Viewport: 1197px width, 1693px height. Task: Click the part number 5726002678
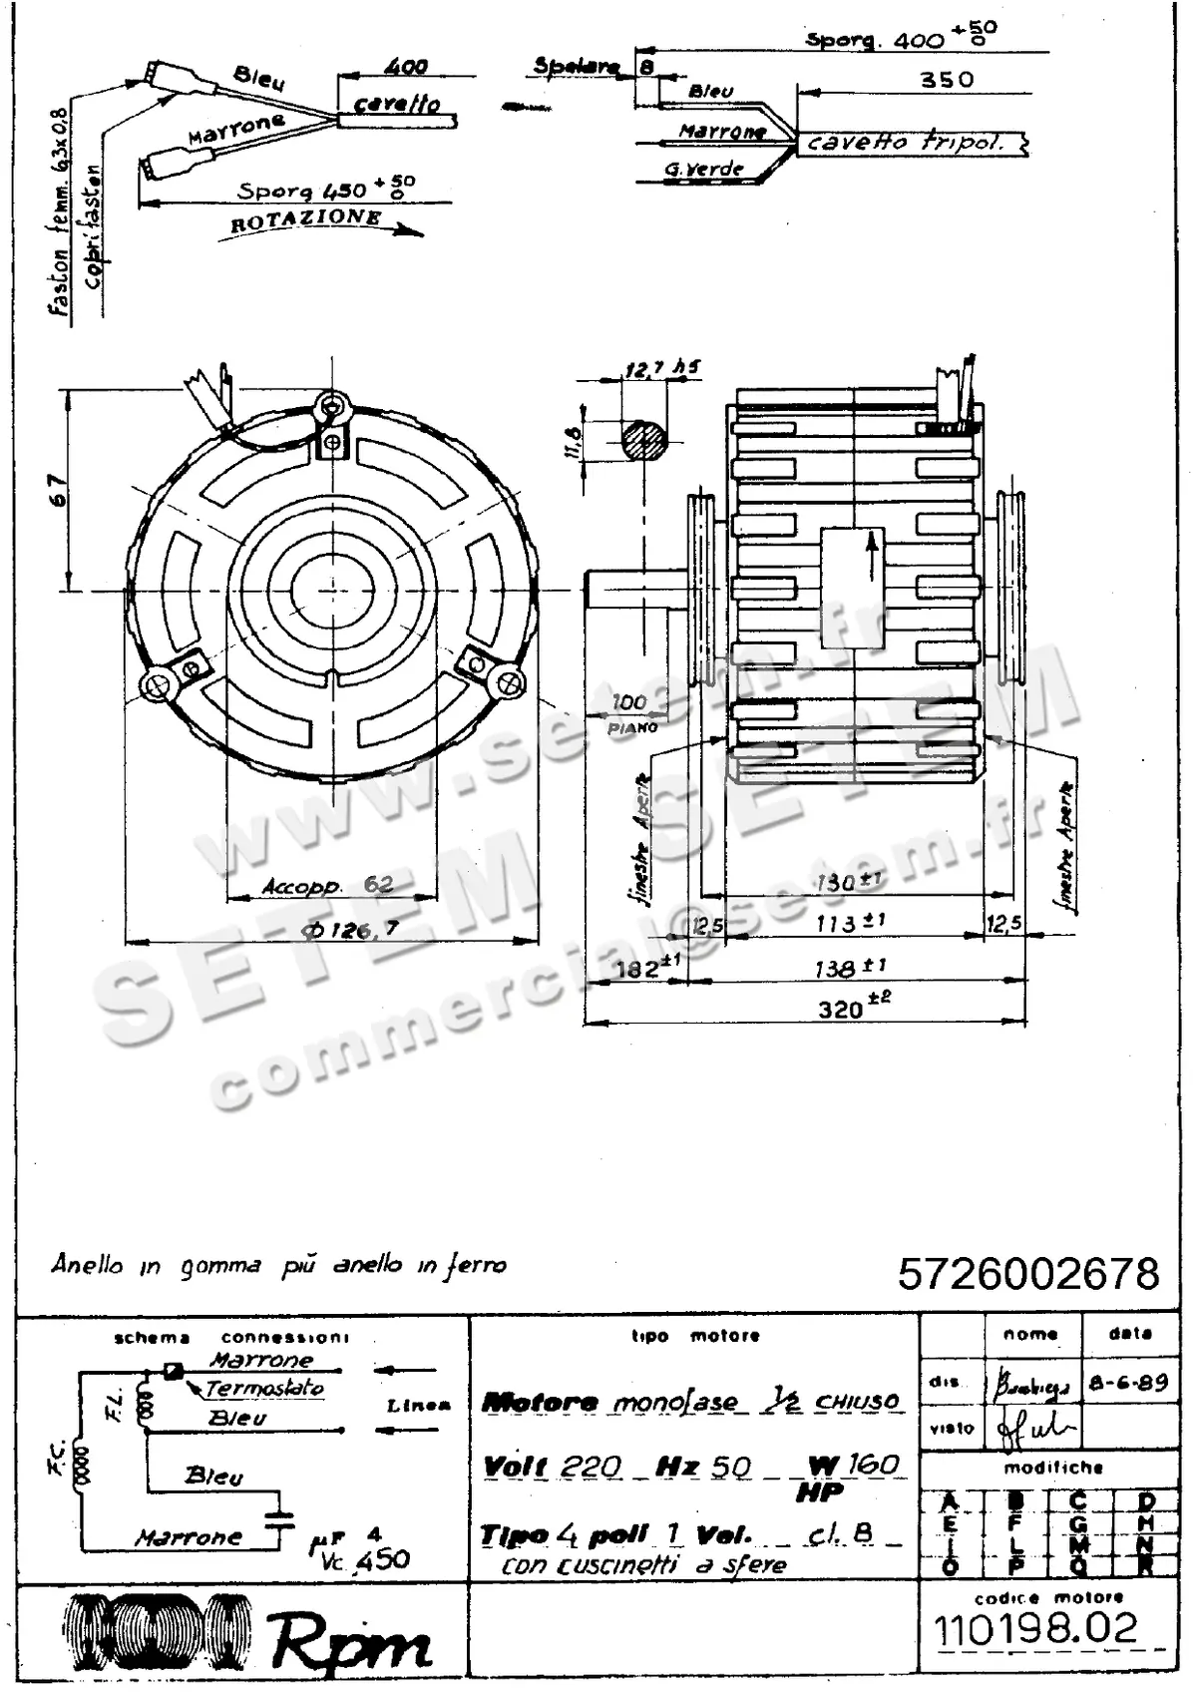1028,1274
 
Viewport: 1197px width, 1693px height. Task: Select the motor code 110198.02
1036,1628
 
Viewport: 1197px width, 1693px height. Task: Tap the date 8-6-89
1128,1383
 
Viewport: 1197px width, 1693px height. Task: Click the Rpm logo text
351,1642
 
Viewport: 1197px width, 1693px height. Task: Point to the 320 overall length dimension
840,1009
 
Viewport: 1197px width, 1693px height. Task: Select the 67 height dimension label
59,490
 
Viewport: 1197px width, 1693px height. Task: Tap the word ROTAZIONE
306,219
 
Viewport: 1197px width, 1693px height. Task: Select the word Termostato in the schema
264,1388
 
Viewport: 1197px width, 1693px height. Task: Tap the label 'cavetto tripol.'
904,143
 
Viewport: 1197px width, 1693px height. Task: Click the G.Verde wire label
704,169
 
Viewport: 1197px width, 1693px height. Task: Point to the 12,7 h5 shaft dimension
661,369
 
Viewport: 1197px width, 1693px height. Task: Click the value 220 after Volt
591,1466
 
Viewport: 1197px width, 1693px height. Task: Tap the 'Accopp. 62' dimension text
327,885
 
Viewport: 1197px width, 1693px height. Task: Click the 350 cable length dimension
946,79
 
